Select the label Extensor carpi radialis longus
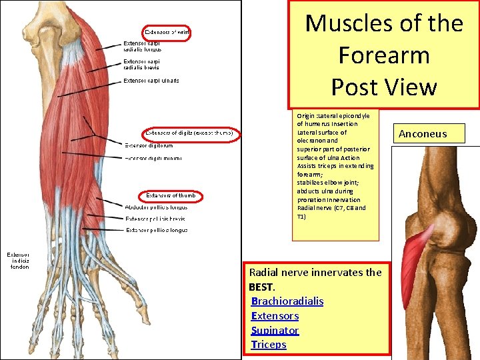pos(142,46)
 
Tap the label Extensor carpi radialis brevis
pos(142,63)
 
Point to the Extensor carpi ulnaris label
pos(151,81)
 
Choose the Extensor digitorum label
pos(149,145)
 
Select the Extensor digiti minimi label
pos(153,159)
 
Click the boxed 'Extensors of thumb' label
pos(171,195)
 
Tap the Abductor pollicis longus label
pos(157,207)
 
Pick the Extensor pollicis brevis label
pos(155,219)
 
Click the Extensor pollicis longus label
pos(157,230)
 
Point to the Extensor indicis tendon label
pos(18,261)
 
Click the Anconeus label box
pos(423,134)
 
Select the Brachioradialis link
pos(287,301)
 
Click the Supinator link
pos(275,331)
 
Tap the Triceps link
pos(269,345)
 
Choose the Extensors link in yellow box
pos(275,316)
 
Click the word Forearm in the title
pos(383,55)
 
